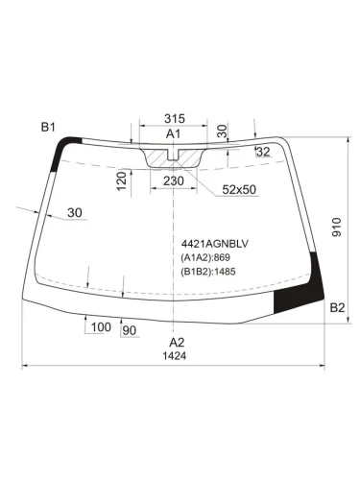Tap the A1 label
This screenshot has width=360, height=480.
[174, 133]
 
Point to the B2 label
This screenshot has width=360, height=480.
[337, 307]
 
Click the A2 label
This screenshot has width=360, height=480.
[177, 343]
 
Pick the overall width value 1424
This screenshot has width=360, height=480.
[175, 356]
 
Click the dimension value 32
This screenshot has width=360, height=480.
[263, 152]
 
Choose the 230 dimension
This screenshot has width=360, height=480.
[174, 180]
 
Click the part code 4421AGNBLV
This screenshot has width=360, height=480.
[212, 243]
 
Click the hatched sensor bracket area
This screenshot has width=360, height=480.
[174, 153]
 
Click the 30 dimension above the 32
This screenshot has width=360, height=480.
[223, 130]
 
